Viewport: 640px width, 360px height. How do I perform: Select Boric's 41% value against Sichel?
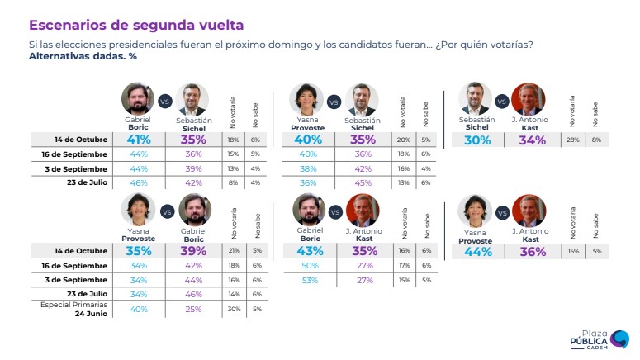(138, 140)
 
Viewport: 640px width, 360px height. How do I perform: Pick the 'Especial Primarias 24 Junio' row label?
(69, 309)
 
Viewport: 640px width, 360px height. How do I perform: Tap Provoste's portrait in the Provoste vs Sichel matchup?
(306, 99)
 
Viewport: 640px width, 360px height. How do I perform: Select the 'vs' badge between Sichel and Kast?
(500, 102)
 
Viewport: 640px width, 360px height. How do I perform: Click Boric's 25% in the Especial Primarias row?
(194, 309)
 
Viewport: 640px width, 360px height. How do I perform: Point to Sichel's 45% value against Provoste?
(363, 182)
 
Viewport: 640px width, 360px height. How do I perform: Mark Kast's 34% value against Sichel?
(532, 140)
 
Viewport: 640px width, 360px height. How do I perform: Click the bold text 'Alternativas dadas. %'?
(82, 56)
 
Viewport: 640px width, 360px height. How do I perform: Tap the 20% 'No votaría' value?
(403, 140)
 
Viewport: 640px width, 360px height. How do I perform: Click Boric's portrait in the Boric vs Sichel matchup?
(138, 99)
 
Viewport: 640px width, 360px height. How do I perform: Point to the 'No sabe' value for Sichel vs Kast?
(595, 140)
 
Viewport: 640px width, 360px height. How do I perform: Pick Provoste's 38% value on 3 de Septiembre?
(308, 168)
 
